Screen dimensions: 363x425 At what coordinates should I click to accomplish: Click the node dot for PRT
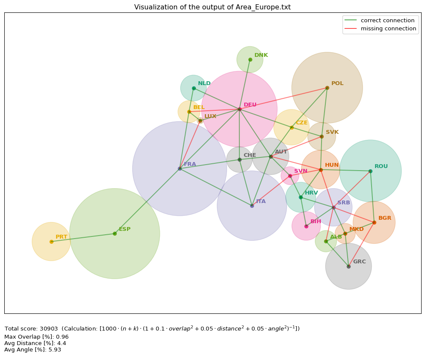(x=51, y=242)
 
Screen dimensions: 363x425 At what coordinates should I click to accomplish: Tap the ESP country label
(x=125, y=229)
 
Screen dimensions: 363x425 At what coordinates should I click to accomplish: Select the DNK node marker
(x=250, y=59)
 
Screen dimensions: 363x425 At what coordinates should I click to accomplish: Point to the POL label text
(x=337, y=83)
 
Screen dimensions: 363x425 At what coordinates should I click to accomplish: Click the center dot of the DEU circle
(x=239, y=109)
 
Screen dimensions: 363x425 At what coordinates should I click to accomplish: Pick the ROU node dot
(x=370, y=171)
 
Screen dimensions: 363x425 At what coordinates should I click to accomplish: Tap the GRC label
(x=359, y=262)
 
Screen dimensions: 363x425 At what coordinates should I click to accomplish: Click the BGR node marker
(x=374, y=222)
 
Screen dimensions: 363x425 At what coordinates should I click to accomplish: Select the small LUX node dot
(x=200, y=121)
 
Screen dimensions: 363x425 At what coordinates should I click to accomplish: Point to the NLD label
(x=204, y=83)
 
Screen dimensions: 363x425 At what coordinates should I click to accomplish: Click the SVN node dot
(x=290, y=176)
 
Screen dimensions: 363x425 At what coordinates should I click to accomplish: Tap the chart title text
(x=212, y=7)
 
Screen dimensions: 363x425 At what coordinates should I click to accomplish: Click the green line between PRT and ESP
(x=83, y=238)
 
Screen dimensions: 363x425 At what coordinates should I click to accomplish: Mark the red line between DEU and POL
(x=283, y=98)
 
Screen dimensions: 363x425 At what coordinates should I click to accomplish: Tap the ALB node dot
(x=326, y=241)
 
